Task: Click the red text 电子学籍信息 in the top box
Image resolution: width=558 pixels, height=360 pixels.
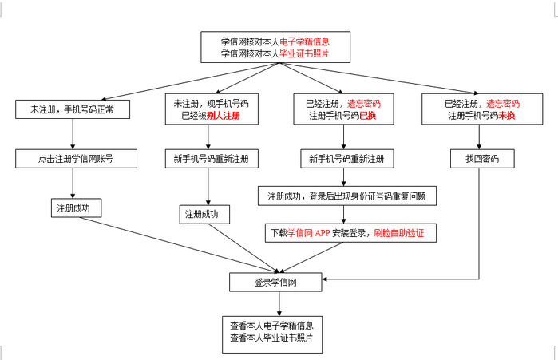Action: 304,42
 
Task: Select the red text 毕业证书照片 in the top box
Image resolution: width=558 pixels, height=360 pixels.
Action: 304,53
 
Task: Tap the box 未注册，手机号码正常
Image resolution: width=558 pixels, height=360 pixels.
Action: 73,109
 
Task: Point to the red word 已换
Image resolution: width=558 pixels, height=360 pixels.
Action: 368,116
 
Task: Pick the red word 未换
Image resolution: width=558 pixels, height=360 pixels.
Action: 506,116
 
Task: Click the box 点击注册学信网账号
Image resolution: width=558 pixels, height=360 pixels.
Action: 76,159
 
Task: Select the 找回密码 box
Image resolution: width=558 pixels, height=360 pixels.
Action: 482,159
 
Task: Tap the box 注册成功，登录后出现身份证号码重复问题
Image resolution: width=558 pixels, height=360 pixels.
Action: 347,196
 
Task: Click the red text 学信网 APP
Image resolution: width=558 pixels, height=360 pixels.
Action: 309,233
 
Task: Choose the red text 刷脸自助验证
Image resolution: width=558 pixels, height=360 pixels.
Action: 399,233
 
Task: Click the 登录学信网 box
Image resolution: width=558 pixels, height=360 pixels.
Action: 275,283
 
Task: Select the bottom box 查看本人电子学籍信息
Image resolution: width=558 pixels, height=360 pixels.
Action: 272,334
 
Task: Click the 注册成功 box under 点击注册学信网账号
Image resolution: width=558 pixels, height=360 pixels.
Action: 76,208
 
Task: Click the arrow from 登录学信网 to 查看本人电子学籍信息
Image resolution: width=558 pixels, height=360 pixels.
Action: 279,304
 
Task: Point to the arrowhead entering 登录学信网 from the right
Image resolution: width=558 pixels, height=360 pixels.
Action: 325,279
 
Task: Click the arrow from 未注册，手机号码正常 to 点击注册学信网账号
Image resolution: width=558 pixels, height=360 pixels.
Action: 73,134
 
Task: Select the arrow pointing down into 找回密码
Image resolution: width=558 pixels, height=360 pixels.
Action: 479,137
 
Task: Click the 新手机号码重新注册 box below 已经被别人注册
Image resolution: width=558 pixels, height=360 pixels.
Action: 212,159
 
